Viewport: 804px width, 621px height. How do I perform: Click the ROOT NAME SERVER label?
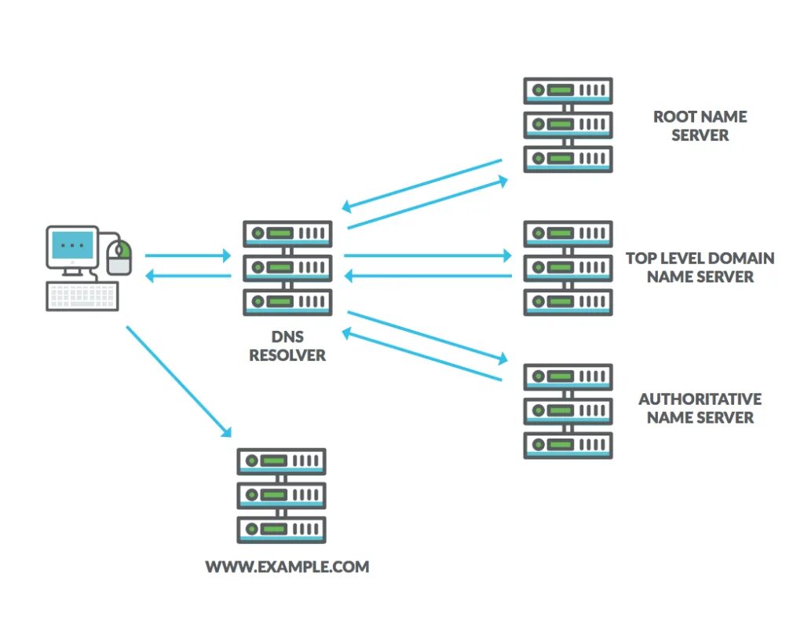pos(700,126)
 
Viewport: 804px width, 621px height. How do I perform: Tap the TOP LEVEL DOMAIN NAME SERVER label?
pos(700,267)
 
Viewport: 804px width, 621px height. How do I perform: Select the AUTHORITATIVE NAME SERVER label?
pos(700,409)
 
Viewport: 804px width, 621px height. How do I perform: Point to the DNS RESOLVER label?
pos(287,346)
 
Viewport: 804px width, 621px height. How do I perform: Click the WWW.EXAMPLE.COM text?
pos(287,567)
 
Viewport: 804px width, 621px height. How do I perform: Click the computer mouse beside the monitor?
pos(119,257)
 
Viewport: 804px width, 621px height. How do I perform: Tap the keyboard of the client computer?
pos(82,296)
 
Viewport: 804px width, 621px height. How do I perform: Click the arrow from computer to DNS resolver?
pos(188,255)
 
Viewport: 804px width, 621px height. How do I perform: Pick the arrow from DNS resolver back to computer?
pos(188,276)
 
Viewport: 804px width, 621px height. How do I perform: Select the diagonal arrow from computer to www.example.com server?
pos(179,381)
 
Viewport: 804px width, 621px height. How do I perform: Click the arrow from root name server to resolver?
pos(422,186)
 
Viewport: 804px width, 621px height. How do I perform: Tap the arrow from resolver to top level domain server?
pos(428,255)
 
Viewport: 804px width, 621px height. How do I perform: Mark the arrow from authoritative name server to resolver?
pos(422,354)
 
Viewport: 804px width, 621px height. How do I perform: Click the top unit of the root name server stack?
pos(568,91)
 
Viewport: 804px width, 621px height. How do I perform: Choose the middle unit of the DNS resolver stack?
pos(287,268)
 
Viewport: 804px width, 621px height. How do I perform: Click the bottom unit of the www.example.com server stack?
pos(282,530)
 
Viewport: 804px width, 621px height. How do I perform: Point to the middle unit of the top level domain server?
pos(568,268)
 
